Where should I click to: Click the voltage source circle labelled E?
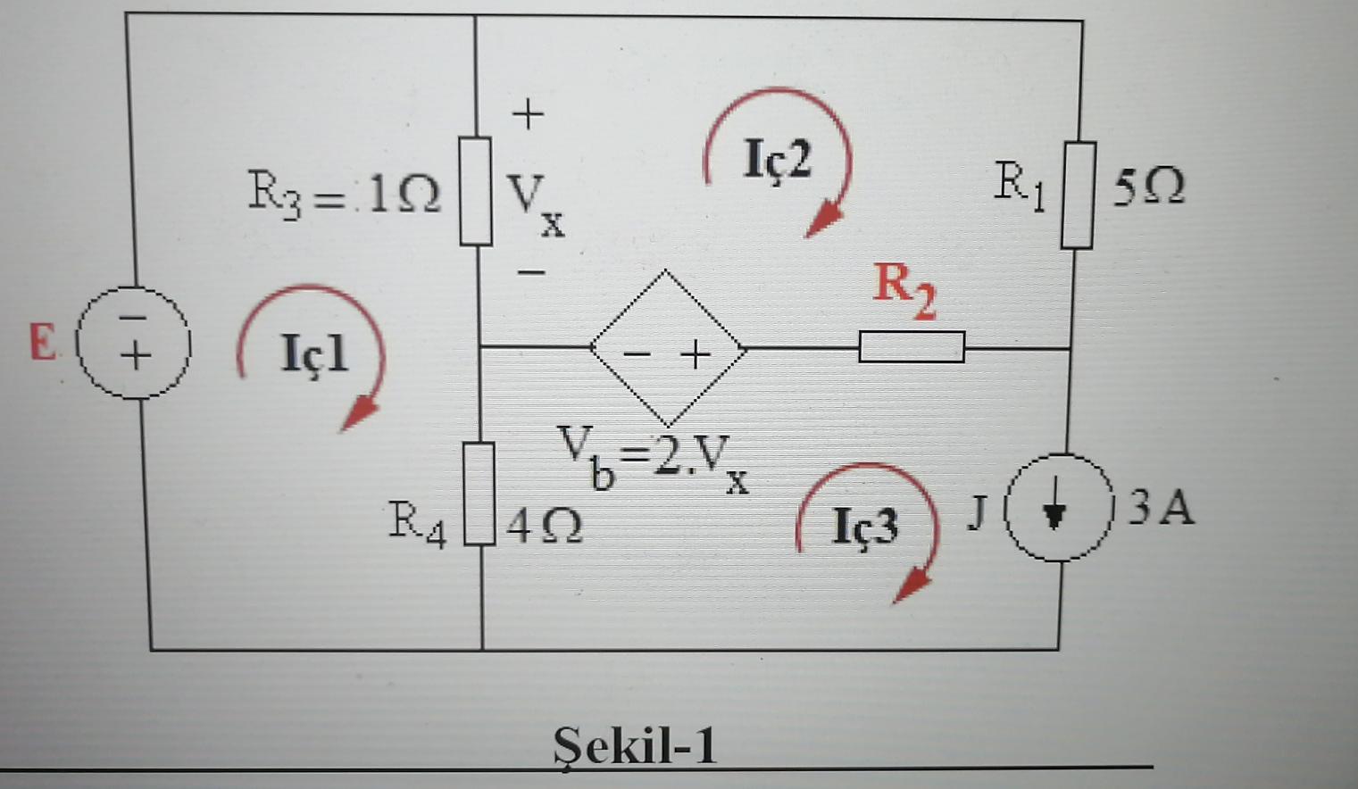(136, 344)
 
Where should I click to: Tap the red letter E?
(42, 342)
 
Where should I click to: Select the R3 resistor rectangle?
(476, 191)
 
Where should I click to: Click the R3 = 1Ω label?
(344, 193)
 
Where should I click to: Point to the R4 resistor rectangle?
(479, 493)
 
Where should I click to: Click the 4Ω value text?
(545, 526)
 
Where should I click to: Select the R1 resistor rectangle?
(1079, 195)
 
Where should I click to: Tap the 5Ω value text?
(1149, 187)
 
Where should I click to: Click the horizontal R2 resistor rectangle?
(912, 347)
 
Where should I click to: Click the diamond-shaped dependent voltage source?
(667, 349)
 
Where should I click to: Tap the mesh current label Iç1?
(314, 353)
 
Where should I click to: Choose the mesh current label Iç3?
(864, 526)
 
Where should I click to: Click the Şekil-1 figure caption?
(635, 744)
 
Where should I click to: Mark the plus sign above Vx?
(528, 114)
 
